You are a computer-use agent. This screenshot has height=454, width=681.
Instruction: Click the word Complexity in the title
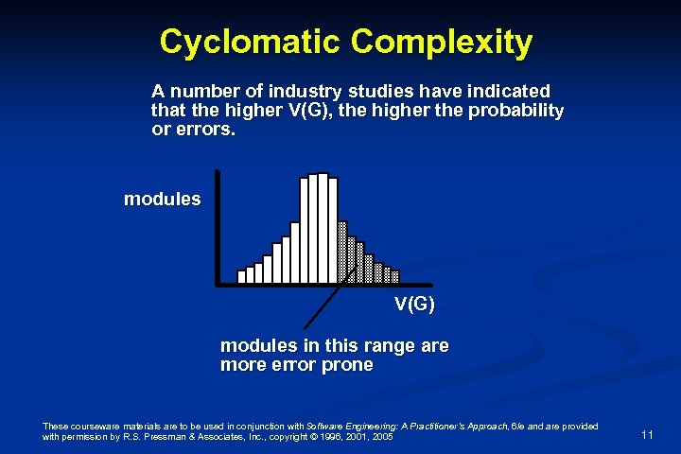pos(442,42)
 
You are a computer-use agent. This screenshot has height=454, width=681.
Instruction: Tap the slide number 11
pos(647,435)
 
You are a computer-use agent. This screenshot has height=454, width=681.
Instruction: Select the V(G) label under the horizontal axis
pos(414,304)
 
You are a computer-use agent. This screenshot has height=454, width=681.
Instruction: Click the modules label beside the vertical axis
pos(162,200)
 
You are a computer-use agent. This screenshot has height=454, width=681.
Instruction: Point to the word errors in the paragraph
pos(203,129)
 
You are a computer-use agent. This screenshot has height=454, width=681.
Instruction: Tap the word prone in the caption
pos(346,365)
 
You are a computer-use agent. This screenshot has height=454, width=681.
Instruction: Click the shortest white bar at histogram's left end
pos(241,276)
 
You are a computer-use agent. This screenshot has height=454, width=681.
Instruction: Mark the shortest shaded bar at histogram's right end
pos(394,276)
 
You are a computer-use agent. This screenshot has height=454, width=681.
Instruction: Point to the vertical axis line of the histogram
pos(217,227)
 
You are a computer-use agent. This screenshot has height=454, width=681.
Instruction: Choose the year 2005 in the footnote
pos(382,437)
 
